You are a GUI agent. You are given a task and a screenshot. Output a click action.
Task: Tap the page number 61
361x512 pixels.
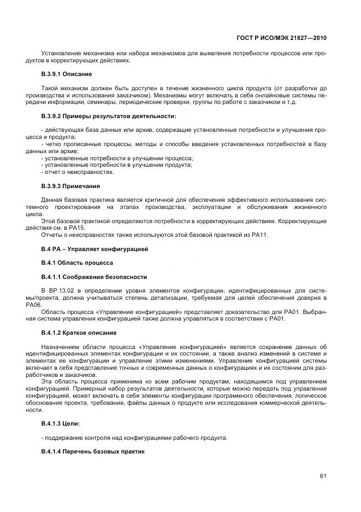pyautogui.click(x=323, y=475)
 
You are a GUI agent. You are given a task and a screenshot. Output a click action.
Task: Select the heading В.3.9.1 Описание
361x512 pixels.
pyautogui.click(x=67, y=74)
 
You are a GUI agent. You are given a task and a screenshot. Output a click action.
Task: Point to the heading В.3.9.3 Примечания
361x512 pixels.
pyautogui.click(x=70, y=186)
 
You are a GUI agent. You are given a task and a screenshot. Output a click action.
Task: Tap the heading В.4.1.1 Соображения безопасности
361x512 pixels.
pyautogui.click(x=94, y=277)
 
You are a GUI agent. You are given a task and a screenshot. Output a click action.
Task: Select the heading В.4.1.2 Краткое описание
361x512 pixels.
pyautogui.click(x=79, y=333)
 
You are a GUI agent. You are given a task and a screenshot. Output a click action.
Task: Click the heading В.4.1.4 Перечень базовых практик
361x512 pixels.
pyautogui.click(x=93, y=451)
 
